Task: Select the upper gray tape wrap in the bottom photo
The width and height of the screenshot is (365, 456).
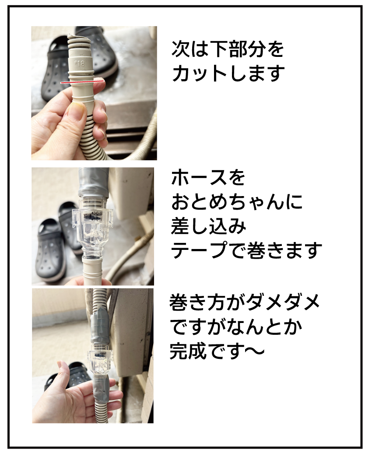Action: click(100, 328)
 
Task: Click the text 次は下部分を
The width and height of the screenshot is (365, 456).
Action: click(228, 49)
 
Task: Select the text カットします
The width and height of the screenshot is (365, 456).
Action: click(228, 73)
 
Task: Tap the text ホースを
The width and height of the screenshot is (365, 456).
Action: click(208, 177)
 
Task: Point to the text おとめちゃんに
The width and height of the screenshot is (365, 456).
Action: click(237, 202)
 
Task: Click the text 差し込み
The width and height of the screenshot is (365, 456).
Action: click(208, 226)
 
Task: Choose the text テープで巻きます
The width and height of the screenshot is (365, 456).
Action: click(247, 250)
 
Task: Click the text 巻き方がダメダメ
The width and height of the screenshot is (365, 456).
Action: click(245, 302)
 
